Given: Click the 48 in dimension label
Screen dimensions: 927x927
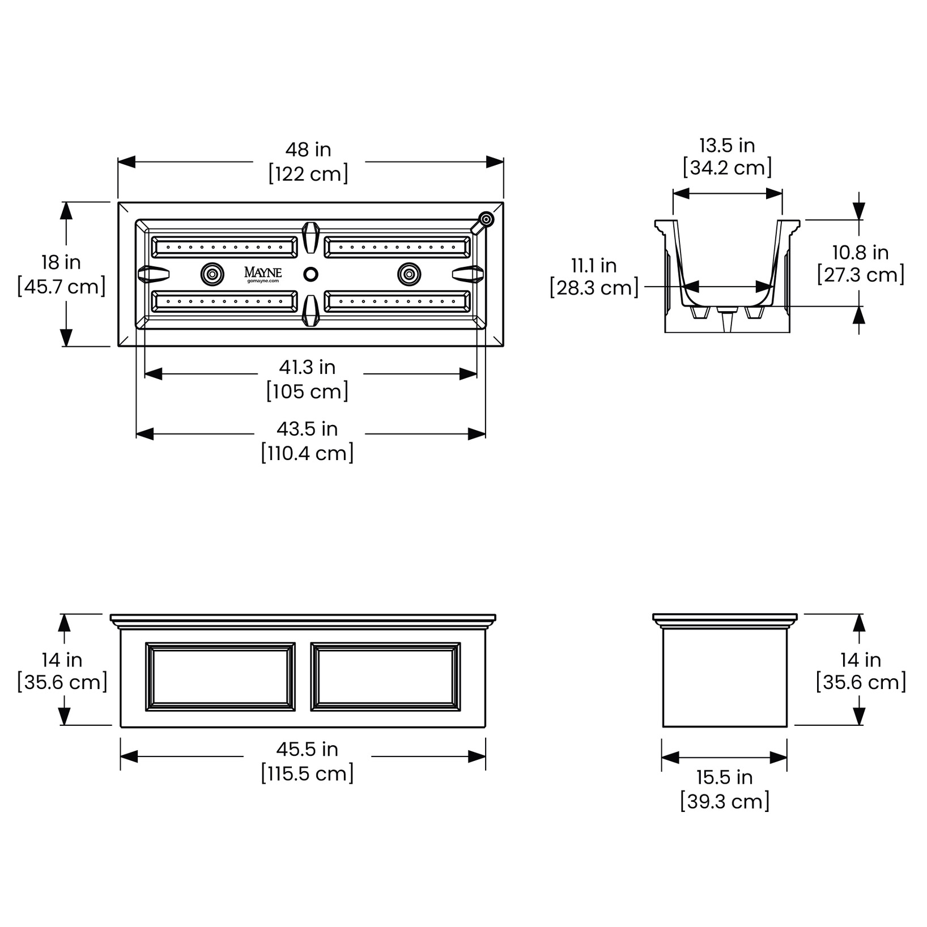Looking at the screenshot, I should (x=308, y=150).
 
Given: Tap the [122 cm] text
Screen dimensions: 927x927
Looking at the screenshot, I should (x=308, y=174).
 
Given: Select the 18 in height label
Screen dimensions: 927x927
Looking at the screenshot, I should (x=61, y=263).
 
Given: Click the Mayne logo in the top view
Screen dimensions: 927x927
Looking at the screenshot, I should (x=263, y=273).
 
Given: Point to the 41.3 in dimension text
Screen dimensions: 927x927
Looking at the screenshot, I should (x=307, y=368).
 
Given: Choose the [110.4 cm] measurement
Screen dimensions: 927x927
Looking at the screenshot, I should (x=307, y=453).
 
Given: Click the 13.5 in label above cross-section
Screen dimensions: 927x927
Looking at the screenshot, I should (x=727, y=146).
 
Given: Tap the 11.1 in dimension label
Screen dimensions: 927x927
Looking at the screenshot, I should (x=594, y=266).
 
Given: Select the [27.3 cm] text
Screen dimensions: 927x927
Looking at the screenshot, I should (x=860, y=275).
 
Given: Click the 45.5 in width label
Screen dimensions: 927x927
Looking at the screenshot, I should (x=307, y=750).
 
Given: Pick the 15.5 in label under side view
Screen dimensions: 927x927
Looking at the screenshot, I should (x=725, y=777).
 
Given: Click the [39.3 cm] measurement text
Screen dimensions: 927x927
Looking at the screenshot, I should (x=725, y=802).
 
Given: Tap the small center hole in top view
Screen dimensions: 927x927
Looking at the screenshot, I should (x=311, y=274).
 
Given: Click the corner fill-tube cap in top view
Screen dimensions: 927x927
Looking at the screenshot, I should (x=486, y=220).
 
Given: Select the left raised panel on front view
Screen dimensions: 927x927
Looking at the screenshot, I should (x=220, y=677).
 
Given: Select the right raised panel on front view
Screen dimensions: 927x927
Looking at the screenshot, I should (x=386, y=677).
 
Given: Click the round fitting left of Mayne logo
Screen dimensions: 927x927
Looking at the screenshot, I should (x=212, y=274).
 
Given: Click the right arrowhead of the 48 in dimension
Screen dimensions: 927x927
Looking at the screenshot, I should (x=495, y=162).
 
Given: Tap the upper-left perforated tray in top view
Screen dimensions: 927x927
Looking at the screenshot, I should (x=224, y=248).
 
